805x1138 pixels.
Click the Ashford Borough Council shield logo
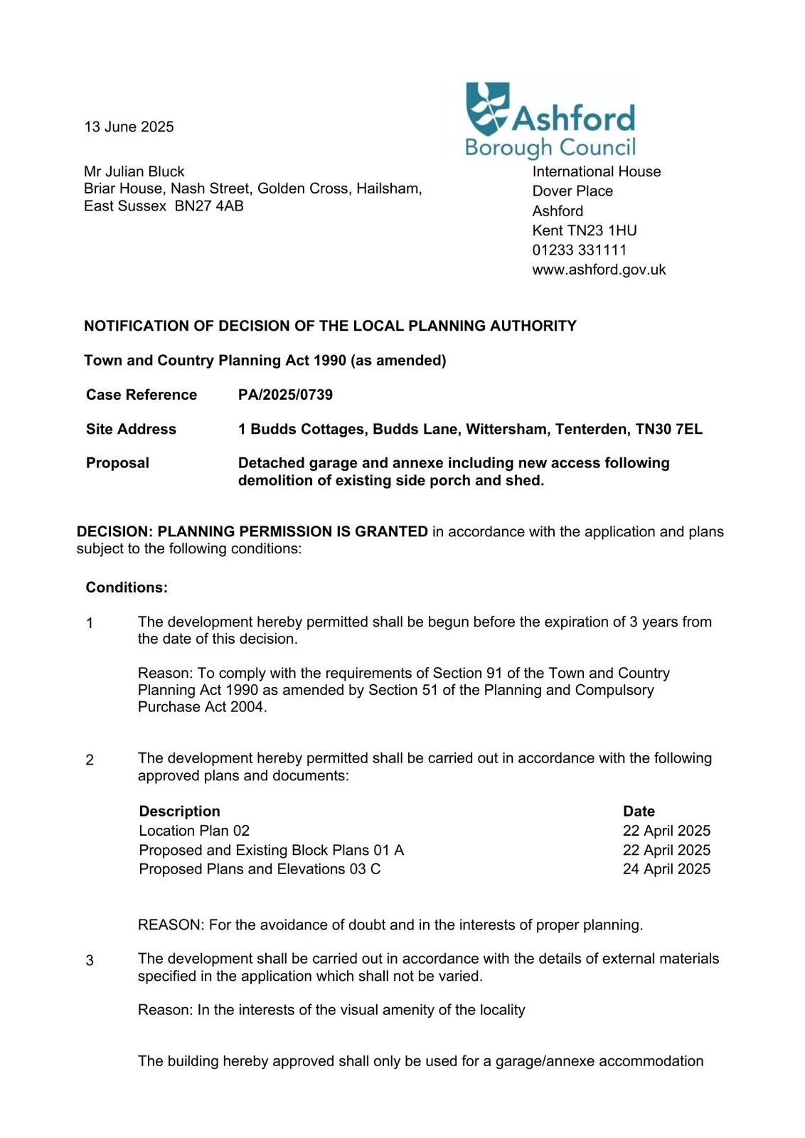pos(487,108)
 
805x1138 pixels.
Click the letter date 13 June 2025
pos(129,127)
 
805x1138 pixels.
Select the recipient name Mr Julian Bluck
pos(134,171)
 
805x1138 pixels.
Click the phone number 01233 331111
pos(579,250)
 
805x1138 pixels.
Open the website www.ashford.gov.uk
pos(599,270)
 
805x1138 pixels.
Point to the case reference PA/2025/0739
pos(285,395)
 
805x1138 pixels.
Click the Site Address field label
pos(131,429)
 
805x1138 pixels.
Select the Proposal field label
pos(117,463)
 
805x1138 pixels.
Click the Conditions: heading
pos(127,587)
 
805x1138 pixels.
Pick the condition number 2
pos(90,760)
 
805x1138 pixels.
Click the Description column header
pos(179,812)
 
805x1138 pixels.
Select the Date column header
pos(639,812)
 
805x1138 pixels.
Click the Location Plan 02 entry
pos(194,831)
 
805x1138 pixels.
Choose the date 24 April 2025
pos(666,869)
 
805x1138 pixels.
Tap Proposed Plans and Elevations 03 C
pos(260,869)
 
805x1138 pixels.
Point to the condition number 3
pos(90,961)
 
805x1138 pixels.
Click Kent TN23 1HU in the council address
pos(584,230)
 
